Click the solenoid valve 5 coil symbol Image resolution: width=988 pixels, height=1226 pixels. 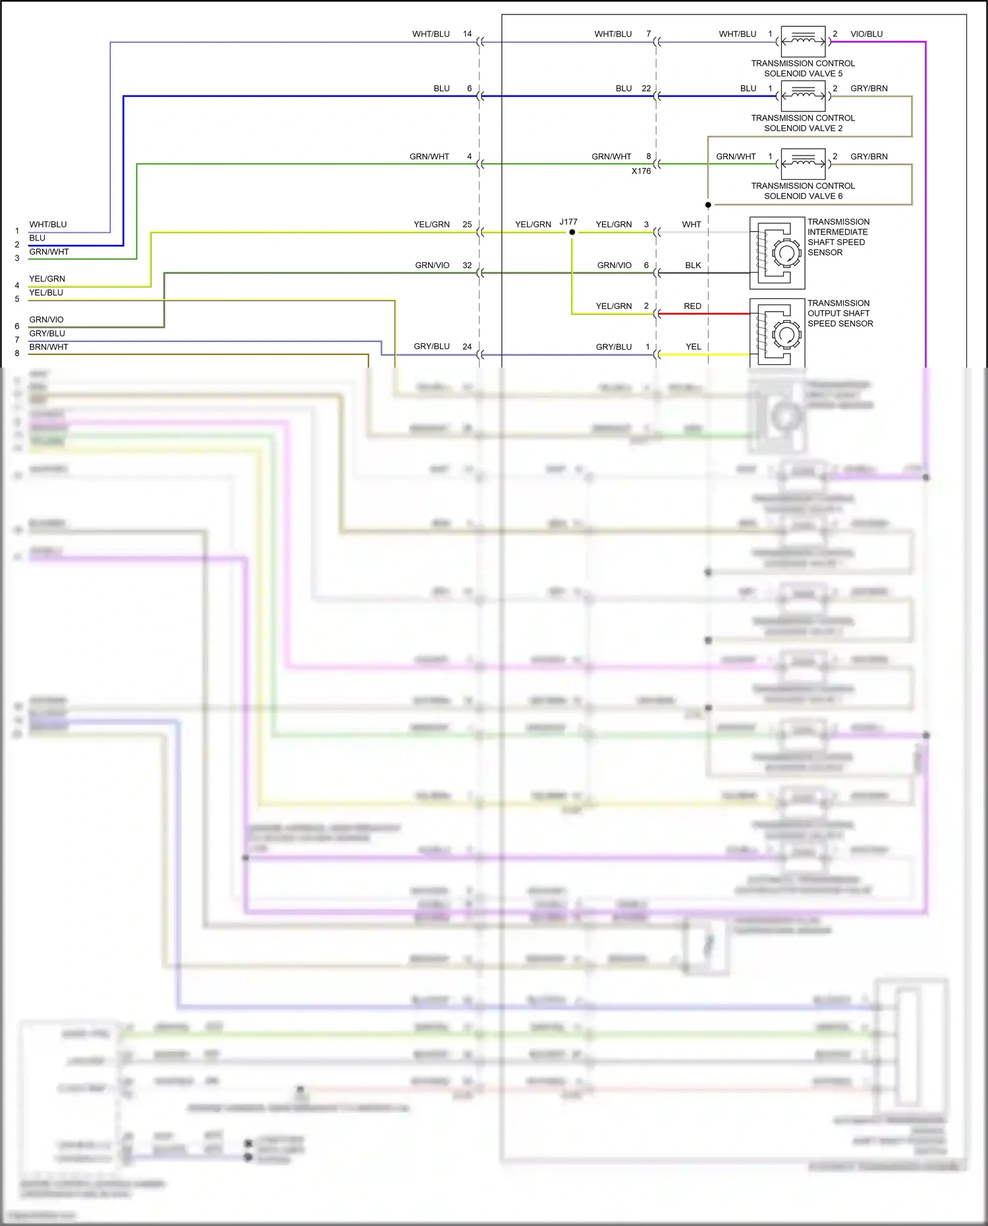point(803,41)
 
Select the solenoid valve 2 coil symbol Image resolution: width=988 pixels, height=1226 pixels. point(803,96)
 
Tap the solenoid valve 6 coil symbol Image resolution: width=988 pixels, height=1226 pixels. point(803,164)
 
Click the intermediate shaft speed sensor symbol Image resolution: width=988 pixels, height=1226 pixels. point(777,253)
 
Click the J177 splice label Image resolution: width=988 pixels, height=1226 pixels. point(568,222)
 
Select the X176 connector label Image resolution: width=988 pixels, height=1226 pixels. point(641,171)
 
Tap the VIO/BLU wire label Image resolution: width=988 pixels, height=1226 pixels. point(866,34)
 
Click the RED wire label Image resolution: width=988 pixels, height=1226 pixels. point(692,306)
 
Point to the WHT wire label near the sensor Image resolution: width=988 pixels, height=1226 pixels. point(692,225)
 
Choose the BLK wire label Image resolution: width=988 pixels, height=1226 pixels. point(693,265)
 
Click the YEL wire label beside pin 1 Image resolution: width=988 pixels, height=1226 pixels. point(693,347)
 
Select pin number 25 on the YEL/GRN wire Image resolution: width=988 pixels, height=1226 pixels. point(467,225)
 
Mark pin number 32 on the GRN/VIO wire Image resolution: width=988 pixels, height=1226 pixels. point(467,265)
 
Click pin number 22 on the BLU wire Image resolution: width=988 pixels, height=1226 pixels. point(646,88)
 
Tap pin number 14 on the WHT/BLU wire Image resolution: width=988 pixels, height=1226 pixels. point(467,34)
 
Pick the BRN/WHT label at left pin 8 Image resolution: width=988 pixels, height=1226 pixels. point(49,347)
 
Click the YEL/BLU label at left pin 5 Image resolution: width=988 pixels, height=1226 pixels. point(46,293)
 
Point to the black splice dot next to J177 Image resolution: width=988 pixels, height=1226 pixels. point(572,232)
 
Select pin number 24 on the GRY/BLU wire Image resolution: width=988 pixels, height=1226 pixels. point(467,347)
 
